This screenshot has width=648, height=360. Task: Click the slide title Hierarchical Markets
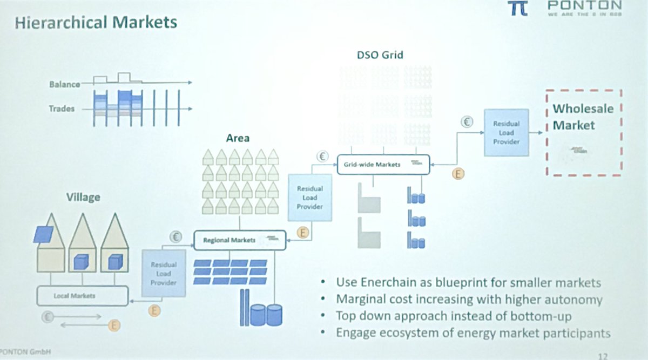(x=96, y=23)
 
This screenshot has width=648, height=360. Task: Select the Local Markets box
(x=82, y=296)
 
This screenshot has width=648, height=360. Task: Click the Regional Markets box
(x=239, y=240)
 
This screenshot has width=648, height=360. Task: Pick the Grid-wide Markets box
(x=383, y=164)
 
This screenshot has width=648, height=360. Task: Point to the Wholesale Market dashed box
(x=584, y=133)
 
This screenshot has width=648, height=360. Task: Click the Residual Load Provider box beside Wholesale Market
(x=506, y=132)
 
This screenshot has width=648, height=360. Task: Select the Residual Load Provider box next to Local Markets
(x=164, y=273)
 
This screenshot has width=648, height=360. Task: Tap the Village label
(x=83, y=197)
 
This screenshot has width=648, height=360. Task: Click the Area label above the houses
(x=238, y=138)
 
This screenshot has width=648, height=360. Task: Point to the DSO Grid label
(x=380, y=55)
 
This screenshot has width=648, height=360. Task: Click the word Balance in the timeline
(x=64, y=84)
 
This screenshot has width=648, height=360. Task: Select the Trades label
(x=62, y=109)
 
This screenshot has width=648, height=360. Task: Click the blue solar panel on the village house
(x=44, y=234)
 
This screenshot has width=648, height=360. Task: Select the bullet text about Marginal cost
(x=469, y=299)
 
